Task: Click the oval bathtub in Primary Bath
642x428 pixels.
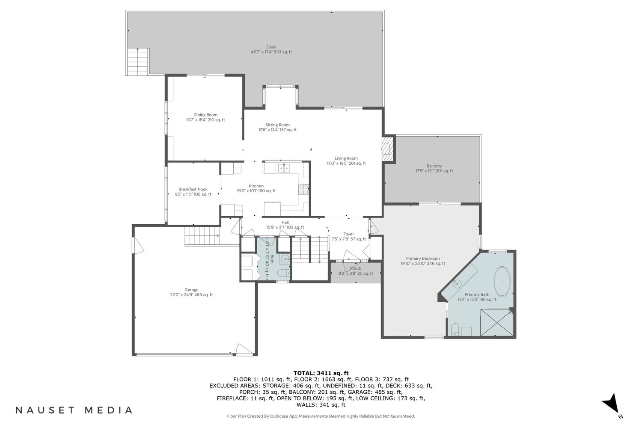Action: tap(502, 282)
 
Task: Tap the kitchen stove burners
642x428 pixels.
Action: tap(304, 190)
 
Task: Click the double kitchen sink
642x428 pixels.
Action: tap(284, 168)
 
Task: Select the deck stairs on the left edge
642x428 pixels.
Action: tap(137, 62)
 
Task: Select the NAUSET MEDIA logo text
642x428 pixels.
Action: tap(74, 410)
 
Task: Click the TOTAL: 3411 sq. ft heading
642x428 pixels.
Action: tap(321, 373)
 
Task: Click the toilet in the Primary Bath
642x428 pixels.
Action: tap(455, 330)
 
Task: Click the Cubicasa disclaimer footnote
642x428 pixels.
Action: tap(321, 416)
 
